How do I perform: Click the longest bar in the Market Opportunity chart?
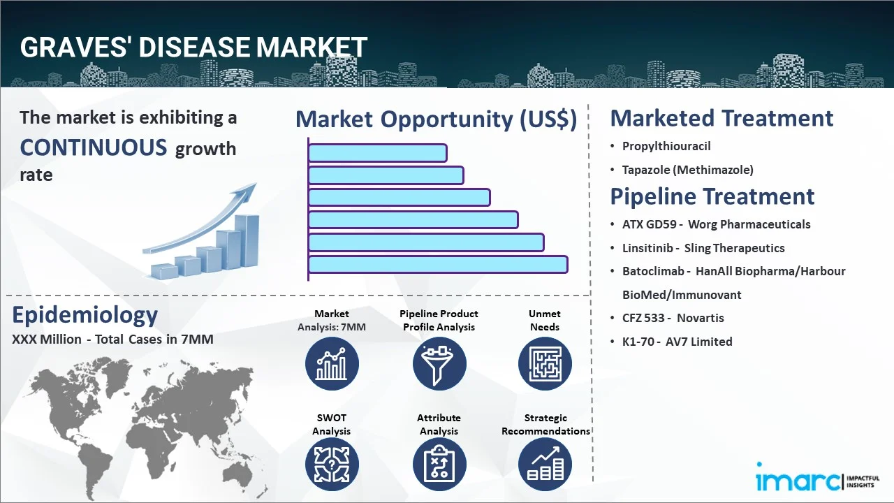[437, 265]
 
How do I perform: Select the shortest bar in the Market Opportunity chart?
[377, 153]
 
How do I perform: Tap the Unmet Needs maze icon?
[545, 363]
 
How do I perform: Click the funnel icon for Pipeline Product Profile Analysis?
[439, 363]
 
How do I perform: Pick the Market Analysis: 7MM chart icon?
[332, 363]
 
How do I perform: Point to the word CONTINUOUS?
[94, 147]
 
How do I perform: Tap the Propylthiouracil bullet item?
[666, 146]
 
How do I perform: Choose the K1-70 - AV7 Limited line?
[677, 342]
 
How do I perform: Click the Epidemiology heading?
[85, 315]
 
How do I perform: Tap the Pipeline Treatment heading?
[712, 196]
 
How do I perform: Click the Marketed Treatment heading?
[721, 118]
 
